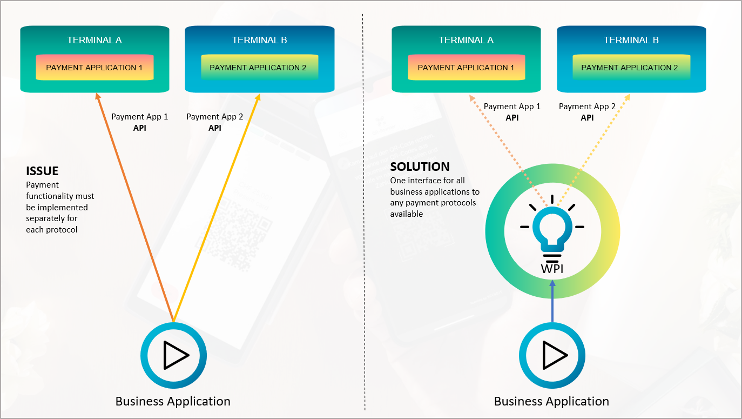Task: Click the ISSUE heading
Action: click(x=42, y=171)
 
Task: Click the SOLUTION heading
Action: click(x=420, y=167)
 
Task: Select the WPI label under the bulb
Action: click(x=552, y=268)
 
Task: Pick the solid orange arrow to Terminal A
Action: click(x=135, y=205)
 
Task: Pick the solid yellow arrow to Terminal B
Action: click(x=216, y=205)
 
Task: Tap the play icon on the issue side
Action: click(x=174, y=355)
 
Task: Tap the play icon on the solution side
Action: click(x=552, y=355)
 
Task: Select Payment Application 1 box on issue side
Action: click(x=95, y=68)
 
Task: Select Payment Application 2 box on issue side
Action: click(x=258, y=68)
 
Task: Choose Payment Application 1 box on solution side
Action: click(x=466, y=68)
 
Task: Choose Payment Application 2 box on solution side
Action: click(x=630, y=68)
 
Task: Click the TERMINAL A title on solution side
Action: click(x=466, y=40)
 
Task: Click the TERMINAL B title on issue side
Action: click(x=259, y=40)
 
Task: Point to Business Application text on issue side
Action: click(x=173, y=401)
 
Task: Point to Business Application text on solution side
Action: click(x=551, y=401)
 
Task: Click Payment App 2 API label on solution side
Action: click(x=587, y=112)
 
